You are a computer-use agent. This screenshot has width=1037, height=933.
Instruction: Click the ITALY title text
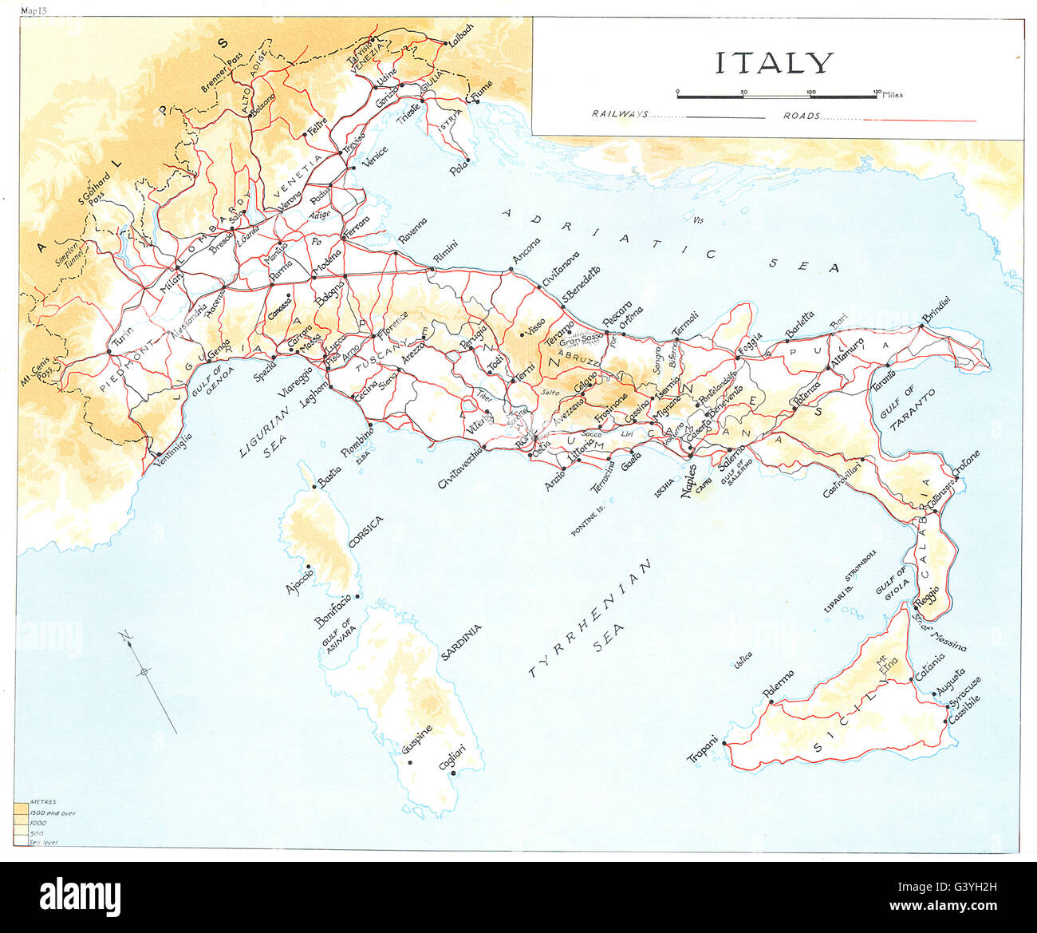(774, 62)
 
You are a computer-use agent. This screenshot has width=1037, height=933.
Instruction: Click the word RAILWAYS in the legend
(620, 115)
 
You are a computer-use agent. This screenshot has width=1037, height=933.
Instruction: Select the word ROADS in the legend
(801, 116)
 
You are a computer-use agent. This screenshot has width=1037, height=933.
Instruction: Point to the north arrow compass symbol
(144, 672)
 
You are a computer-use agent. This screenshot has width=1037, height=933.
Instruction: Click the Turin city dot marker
(109, 352)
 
